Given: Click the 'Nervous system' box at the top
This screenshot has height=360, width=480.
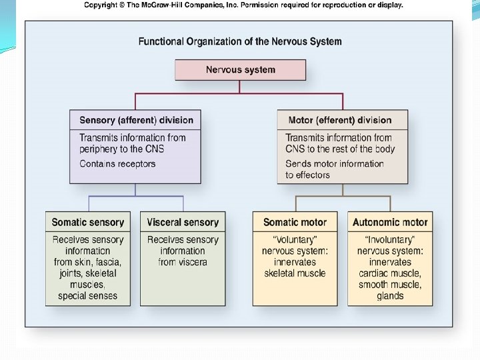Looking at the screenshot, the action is pyautogui.click(x=240, y=70).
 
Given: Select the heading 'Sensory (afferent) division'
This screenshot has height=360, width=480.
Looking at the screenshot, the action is pyautogui.click(x=136, y=121).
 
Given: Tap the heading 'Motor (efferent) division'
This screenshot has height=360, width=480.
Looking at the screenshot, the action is pyautogui.click(x=340, y=121).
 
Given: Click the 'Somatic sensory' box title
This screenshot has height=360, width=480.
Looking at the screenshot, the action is pyautogui.click(x=88, y=223).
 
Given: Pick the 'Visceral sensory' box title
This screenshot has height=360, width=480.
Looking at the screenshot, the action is pyautogui.click(x=183, y=223).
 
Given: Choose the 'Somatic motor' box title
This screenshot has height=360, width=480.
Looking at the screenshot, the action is pyautogui.click(x=295, y=223).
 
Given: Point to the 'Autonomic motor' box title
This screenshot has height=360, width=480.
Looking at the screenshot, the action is pyautogui.click(x=390, y=223).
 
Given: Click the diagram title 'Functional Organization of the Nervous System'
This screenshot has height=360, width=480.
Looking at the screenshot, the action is pyautogui.click(x=240, y=41).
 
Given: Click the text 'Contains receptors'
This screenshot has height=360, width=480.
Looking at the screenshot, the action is pyautogui.click(x=117, y=164).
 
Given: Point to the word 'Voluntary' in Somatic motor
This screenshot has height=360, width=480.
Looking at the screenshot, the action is pyautogui.click(x=295, y=240).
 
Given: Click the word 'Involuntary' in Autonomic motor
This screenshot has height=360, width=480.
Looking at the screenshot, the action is pyautogui.click(x=390, y=240).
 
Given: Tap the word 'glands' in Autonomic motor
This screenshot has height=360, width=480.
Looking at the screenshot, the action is pyautogui.click(x=390, y=296).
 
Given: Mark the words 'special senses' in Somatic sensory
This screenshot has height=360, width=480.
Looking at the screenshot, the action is pyautogui.click(x=88, y=296).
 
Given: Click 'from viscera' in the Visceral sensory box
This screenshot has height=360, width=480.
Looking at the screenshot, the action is pyautogui.click(x=183, y=262).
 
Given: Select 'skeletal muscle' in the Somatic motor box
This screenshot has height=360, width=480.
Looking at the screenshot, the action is pyautogui.click(x=295, y=273).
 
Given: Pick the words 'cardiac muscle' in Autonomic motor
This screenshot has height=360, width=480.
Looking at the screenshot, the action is pyautogui.click(x=390, y=273).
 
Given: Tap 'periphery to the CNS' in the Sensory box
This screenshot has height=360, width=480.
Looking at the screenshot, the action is pyautogui.click(x=121, y=149).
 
